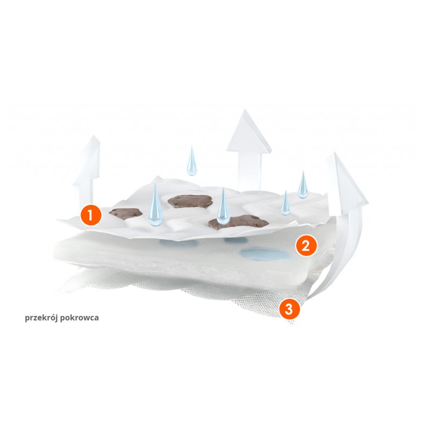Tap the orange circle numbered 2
pos(306,245)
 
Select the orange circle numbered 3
pos(290,309)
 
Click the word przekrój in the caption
pos(41,318)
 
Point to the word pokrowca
pos(80,318)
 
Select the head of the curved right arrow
pos(346,184)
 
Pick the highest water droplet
pos(192,161)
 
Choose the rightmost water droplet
pos(303,185)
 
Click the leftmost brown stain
pos(126,213)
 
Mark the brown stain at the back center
pos(191,201)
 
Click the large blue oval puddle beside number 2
pos(266,254)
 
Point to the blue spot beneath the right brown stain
pos(236,240)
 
